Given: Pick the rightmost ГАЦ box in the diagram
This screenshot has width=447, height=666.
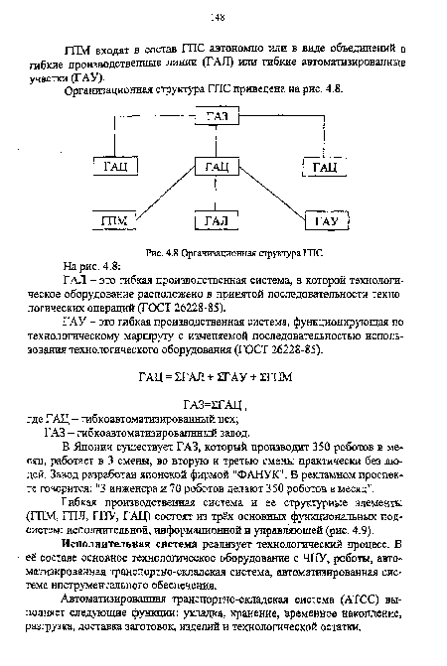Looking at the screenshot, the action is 324,165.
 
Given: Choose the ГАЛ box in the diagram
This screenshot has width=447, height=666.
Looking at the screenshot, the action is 217,219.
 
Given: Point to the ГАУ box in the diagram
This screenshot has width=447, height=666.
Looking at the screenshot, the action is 324,219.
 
